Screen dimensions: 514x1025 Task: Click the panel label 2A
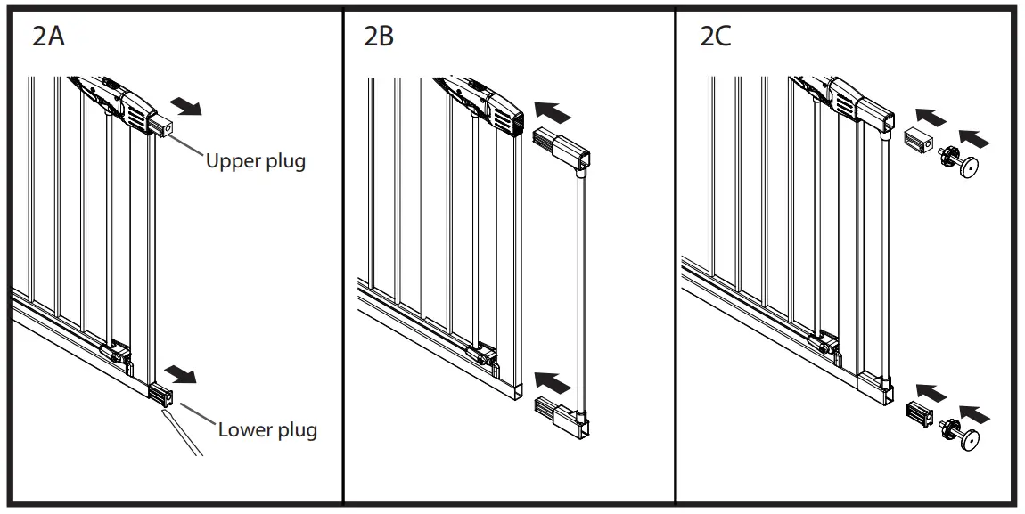click(48, 37)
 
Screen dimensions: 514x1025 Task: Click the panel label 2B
click(378, 37)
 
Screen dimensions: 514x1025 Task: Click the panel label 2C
click(716, 37)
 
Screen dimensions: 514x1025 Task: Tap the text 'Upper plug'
click(255, 162)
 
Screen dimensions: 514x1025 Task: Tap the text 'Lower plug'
click(267, 430)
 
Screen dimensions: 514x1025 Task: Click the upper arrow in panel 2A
click(188, 108)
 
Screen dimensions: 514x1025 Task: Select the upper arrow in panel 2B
click(553, 113)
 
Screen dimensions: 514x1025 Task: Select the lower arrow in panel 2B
click(553, 382)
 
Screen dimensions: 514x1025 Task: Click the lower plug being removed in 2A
click(161, 392)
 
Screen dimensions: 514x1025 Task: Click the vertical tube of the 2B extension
click(581, 285)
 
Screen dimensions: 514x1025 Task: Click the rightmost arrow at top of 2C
click(978, 138)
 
